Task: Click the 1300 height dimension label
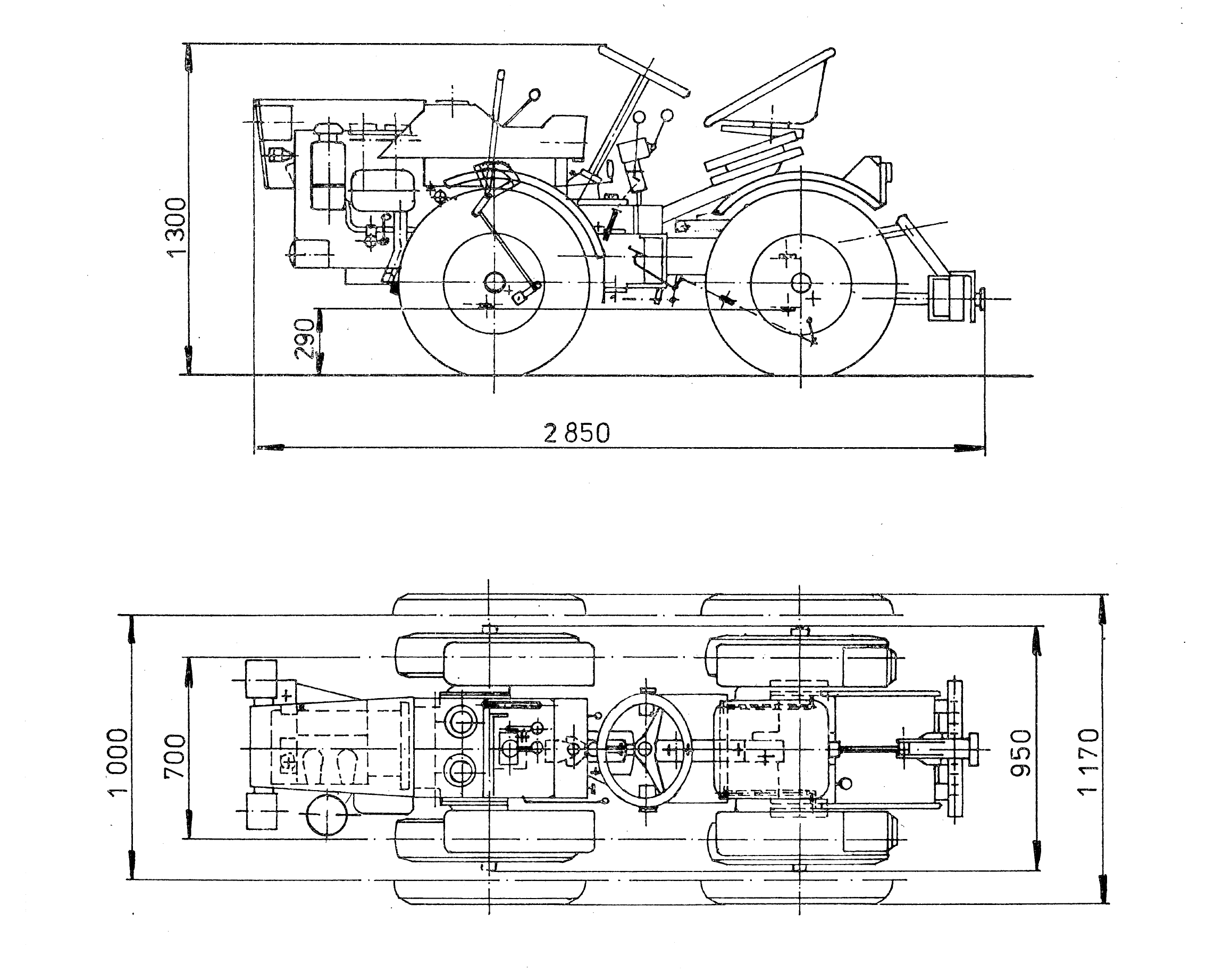coord(177,227)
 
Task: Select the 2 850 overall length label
coord(576,434)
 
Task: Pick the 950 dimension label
coord(1020,753)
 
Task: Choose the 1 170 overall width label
coord(1088,761)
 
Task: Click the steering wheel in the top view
coord(644,749)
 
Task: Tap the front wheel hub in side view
coord(494,282)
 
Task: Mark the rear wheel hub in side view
coord(800,283)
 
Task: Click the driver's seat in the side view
coord(772,90)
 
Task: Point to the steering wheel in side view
coord(643,72)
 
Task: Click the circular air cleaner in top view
coord(326,815)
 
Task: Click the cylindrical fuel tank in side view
coord(384,191)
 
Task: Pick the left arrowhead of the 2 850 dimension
coord(268,448)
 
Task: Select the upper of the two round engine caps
coord(461,722)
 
